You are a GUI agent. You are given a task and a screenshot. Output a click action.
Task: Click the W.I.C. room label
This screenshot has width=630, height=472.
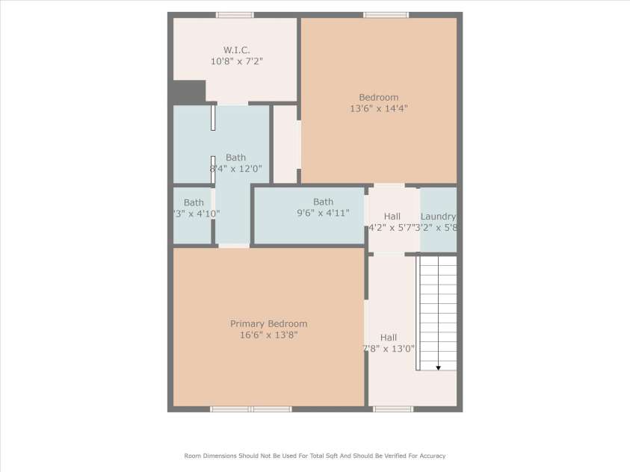pyautogui.click(x=236, y=50)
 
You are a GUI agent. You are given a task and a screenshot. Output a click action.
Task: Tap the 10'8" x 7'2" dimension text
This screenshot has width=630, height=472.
pyautogui.click(x=236, y=61)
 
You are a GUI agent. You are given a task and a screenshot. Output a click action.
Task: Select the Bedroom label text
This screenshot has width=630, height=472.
pyautogui.click(x=378, y=97)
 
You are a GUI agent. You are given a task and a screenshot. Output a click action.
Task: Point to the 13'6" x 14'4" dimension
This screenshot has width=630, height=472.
pyautogui.click(x=378, y=108)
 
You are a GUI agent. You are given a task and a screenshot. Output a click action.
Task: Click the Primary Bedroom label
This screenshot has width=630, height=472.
pyautogui.click(x=268, y=324)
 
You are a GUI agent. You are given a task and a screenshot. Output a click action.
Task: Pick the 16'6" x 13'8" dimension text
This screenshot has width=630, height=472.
pyautogui.click(x=268, y=335)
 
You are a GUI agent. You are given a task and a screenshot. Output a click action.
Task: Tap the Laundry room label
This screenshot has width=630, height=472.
pyautogui.click(x=438, y=217)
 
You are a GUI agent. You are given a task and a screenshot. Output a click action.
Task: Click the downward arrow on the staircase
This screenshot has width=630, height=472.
pyautogui.click(x=438, y=366)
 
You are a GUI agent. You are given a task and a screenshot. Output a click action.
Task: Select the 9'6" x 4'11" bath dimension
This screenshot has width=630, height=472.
pyautogui.click(x=323, y=213)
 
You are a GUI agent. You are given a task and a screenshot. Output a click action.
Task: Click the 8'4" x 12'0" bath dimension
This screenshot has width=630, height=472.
pyautogui.click(x=235, y=169)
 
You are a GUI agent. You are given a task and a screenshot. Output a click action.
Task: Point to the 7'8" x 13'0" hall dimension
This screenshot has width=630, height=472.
pyautogui.click(x=389, y=349)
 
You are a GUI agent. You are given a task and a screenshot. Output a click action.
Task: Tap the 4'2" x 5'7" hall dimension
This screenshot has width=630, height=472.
pyautogui.click(x=390, y=227)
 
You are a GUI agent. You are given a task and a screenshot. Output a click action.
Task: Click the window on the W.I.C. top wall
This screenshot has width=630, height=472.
pyautogui.click(x=235, y=15)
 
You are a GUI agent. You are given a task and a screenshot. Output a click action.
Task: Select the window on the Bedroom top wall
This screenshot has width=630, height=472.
pyautogui.click(x=386, y=15)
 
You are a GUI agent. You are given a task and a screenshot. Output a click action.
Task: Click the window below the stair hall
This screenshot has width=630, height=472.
pyautogui.click(x=393, y=409)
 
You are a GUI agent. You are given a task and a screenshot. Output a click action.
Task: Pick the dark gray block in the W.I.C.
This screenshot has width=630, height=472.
pyautogui.click(x=188, y=92)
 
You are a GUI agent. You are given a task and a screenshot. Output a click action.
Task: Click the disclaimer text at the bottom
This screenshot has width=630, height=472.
pyautogui.click(x=315, y=456)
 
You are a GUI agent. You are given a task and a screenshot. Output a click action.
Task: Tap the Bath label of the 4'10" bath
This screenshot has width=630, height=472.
pyautogui.click(x=194, y=202)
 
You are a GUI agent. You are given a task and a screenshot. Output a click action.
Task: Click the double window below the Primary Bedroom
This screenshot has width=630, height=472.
pyautogui.click(x=250, y=409)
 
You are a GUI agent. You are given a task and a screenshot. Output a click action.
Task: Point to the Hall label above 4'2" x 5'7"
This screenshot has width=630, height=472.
pyautogui.click(x=392, y=217)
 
